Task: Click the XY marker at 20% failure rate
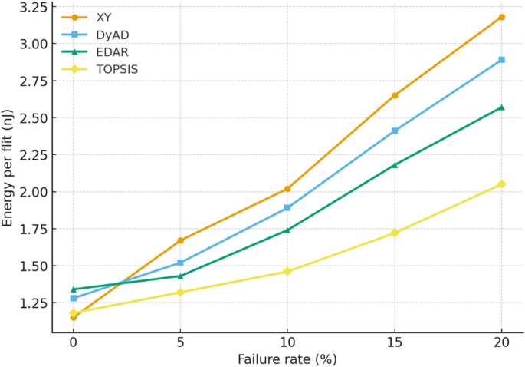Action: (501, 17)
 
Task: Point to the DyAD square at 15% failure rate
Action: (395, 131)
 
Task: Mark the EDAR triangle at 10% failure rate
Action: (287, 230)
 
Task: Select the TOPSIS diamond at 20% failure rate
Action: (501, 183)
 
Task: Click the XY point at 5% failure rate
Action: (180, 240)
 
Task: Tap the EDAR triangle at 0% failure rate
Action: (74, 289)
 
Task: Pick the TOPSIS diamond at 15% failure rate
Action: (395, 233)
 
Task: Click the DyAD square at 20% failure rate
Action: (501, 59)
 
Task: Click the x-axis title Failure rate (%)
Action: (287, 359)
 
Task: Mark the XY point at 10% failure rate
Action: (287, 188)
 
